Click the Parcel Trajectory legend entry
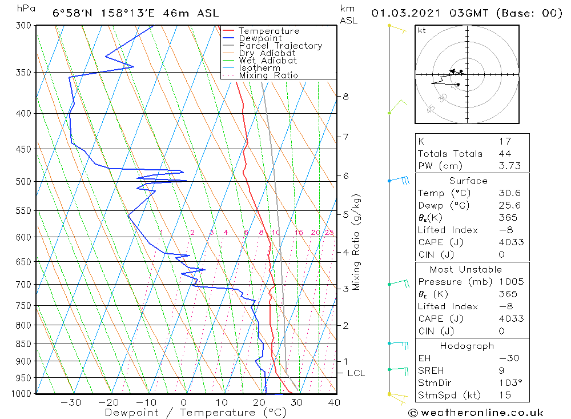[280, 46]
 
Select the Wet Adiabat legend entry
[268, 61]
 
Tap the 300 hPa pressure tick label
[23, 26]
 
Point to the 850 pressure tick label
[23, 344]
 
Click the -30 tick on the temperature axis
[71, 402]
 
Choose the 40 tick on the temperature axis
[334, 402]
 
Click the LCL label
[356, 373]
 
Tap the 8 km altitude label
[345, 97]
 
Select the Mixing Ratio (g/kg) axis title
[357, 242]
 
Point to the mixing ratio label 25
[329, 233]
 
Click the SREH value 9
[501, 371]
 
